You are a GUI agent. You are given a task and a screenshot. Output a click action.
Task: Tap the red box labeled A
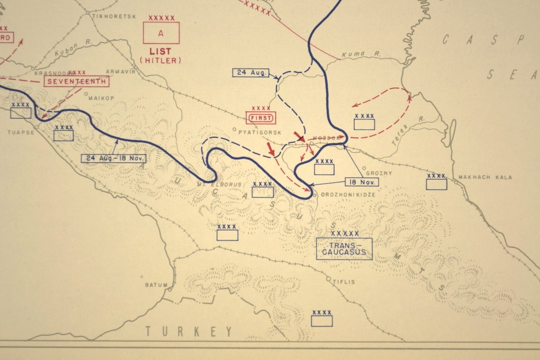click(x=161, y=33)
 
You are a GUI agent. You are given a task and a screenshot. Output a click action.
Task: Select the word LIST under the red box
click(x=160, y=52)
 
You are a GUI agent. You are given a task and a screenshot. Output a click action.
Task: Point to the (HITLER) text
click(x=160, y=60)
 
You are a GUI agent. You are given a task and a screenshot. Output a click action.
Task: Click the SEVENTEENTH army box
click(x=76, y=81)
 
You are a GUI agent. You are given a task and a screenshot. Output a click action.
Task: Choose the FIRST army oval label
click(x=261, y=118)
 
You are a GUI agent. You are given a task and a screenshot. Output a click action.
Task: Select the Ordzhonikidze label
click(x=343, y=195)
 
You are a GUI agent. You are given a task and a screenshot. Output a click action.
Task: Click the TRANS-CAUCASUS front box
click(x=344, y=249)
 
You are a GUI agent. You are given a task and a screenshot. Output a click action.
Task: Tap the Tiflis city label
click(x=344, y=282)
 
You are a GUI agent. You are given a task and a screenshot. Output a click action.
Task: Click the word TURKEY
click(x=189, y=332)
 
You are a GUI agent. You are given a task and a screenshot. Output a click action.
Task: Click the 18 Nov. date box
click(x=362, y=182)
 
